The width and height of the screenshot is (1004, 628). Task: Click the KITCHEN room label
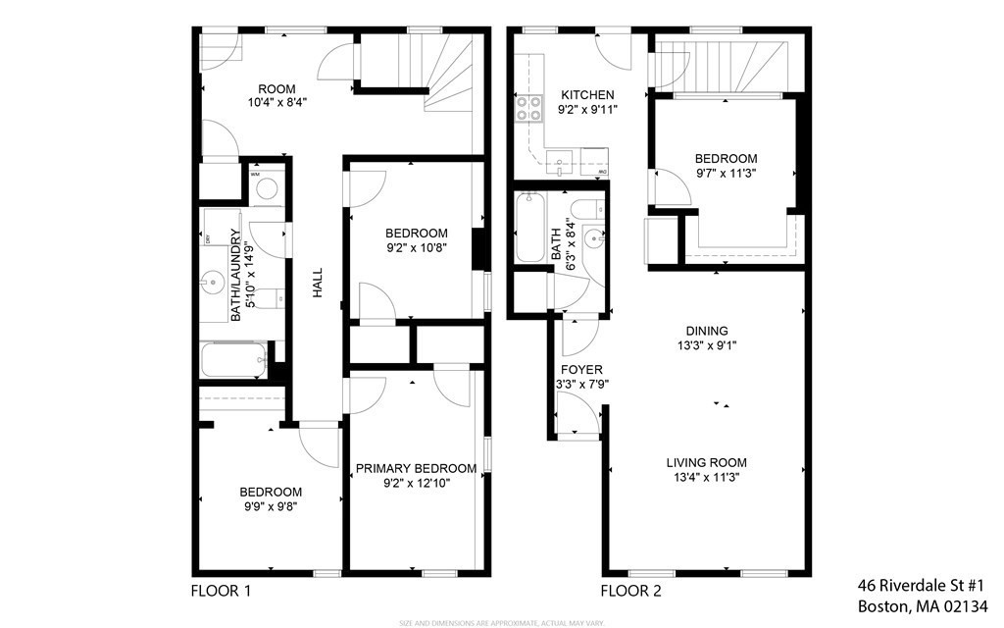[x=585, y=95]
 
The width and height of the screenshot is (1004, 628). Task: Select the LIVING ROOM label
[x=706, y=463]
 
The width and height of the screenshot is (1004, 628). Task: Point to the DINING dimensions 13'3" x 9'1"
[x=706, y=345]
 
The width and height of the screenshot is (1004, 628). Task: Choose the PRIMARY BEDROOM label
[x=416, y=469]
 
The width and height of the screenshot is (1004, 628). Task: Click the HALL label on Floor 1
[x=317, y=285]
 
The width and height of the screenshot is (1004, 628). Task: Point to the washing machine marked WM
[x=265, y=187]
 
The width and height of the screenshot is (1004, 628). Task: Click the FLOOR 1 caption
[x=221, y=591]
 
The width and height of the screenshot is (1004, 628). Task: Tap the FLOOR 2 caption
[x=630, y=591]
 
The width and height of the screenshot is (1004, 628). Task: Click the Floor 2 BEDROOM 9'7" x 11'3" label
[x=726, y=165]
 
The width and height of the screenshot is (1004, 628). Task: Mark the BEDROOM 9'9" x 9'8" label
[x=271, y=499]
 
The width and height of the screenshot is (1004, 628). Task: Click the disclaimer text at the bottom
[x=501, y=622]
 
